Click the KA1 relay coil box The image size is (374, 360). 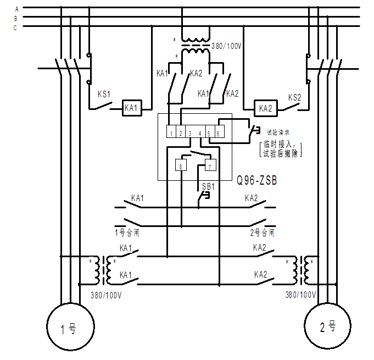(131, 108)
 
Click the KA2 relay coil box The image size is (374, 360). (266, 108)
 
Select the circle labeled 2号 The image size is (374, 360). (327, 327)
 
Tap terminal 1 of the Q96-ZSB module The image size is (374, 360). (171, 133)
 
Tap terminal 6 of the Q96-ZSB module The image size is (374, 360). (218, 133)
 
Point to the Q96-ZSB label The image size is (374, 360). (257, 180)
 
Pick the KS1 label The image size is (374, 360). (104, 94)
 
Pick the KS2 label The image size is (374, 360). (295, 97)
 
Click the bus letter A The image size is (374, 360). (17, 9)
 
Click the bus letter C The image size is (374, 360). (16, 27)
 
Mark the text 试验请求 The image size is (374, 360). (278, 132)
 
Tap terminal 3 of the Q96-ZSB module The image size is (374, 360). (189, 133)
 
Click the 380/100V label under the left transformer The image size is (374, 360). (106, 295)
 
